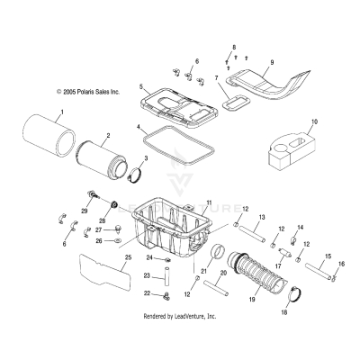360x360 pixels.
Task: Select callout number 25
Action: (128, 258)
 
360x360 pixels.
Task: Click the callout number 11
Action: (209, 203)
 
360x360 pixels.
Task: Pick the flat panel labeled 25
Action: (98, 274)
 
